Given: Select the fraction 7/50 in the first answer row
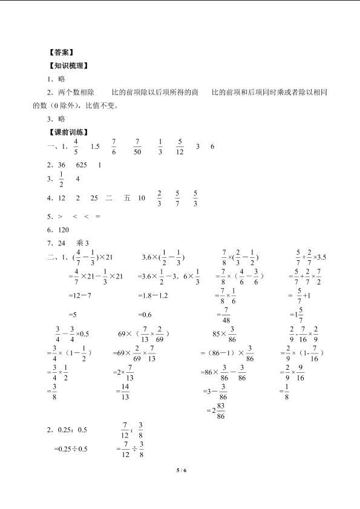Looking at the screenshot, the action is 137,146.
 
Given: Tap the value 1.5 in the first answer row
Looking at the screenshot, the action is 94,146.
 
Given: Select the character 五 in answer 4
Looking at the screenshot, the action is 126,197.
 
